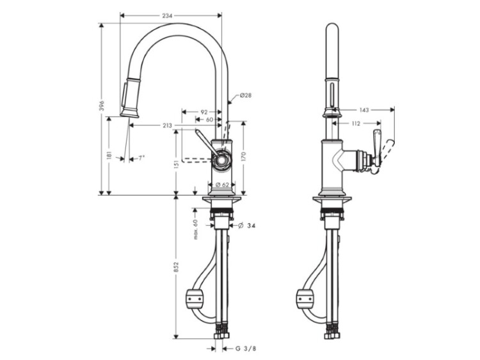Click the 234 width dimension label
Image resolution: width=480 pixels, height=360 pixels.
click(x=167, y=15)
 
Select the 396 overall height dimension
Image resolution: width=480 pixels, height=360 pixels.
click(x=102, y=106)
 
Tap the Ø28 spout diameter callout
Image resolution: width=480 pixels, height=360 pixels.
click(x=246, y=95)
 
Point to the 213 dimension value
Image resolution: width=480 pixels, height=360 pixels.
click(x=167, y=125)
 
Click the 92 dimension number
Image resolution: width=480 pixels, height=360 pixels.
click(x=204, y=113)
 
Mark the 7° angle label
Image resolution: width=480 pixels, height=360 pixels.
click(x=141, y=158)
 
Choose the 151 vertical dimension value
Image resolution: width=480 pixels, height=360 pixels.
click(x=177, y=165)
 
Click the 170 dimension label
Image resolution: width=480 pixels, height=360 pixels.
click(x=244, y=156)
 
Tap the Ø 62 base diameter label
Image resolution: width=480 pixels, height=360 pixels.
click(x=222, y=184)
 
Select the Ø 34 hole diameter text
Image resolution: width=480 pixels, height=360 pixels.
click(x=246, y=226)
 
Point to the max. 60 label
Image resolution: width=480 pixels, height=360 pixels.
click(x=196, y=229)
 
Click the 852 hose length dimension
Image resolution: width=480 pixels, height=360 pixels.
click(x=177, y=267)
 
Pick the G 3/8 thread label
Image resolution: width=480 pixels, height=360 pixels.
click(x=246, y=348)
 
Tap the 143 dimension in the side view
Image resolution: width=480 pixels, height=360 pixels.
click(x=364, y=110)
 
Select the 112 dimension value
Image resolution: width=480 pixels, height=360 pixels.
click(x=356, y=123)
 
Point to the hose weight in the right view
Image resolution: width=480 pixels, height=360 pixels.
click(x=305, y=297)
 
